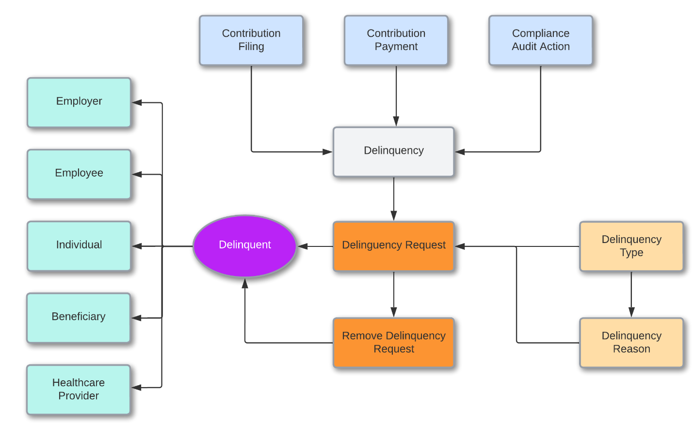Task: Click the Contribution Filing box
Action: tap(251, 40)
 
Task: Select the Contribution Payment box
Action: tap(396, 40)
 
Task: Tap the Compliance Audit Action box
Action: tap(540, 40)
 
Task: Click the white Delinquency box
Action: tap(393, 151)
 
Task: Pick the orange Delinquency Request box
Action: tap(393, 246)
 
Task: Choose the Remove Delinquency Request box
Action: tap(393, 342)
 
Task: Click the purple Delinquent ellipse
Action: tap(245, 246)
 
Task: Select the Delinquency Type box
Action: tap(631, 246)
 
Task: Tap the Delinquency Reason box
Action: tap(631, 342)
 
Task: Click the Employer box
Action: tap(79, 102)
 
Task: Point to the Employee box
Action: tap(79, 174)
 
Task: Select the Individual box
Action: tap(79, 245)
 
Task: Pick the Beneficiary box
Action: tap(79, 317)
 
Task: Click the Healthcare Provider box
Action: tap(79, 389)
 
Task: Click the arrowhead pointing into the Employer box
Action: tap(137, 102)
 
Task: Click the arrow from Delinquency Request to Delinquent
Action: tap(315, 246)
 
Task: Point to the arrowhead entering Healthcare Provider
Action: tap(137, 388)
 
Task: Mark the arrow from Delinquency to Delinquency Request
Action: tap(393, 199)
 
